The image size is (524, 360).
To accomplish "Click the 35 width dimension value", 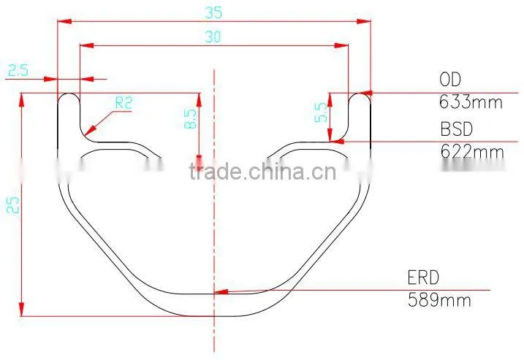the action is point(213,12).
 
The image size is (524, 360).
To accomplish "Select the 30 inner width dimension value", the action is point(213,37).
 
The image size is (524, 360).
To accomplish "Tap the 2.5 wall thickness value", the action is point(18,70).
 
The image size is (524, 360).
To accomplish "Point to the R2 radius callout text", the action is point(124,103).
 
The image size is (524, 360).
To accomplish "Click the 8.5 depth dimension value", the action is point(191,119).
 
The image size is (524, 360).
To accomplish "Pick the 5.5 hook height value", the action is point(322,112).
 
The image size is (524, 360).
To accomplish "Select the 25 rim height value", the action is point(13,204).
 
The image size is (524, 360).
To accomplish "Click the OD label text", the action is point(450,80).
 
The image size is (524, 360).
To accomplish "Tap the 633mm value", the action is point(471,102).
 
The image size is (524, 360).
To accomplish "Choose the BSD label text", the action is point(457,129).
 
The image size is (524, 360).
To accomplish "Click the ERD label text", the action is point(423,277).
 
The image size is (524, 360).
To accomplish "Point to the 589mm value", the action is point(439,299).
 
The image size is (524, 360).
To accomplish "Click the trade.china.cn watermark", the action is point(262,172).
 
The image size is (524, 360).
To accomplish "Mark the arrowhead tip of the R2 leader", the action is point(85,136).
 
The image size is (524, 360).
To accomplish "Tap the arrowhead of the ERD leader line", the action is point(215,293).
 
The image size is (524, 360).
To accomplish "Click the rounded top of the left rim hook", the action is point(69,93).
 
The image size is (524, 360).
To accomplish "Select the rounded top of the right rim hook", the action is point(360,93).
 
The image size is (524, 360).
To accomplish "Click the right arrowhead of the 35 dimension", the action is point(371,21).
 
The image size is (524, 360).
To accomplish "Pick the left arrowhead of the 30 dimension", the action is point(80,45).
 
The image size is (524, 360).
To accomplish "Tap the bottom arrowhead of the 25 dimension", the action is point(21,315).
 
